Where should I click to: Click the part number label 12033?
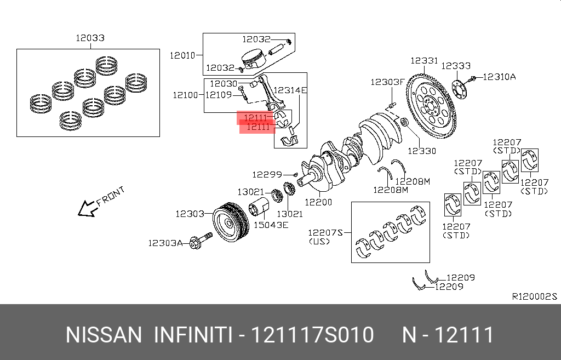tap(90, 38)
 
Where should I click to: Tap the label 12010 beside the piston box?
tap(182, 55)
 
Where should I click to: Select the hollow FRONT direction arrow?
tap(86, 208)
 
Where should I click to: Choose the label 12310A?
tap(499, 77)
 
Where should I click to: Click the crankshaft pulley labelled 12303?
tap(229, 225)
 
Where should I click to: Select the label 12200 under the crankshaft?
tap(318, 202)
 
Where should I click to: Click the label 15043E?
tap(270, 225)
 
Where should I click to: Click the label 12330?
tap(422, 150)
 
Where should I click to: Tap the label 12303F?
tap(387, 82)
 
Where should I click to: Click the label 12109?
tap(220, 95)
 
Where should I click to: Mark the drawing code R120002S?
tap(534, 296)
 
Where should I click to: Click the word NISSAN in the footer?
tap(104, 334)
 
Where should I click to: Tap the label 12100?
tap(185, 95)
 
